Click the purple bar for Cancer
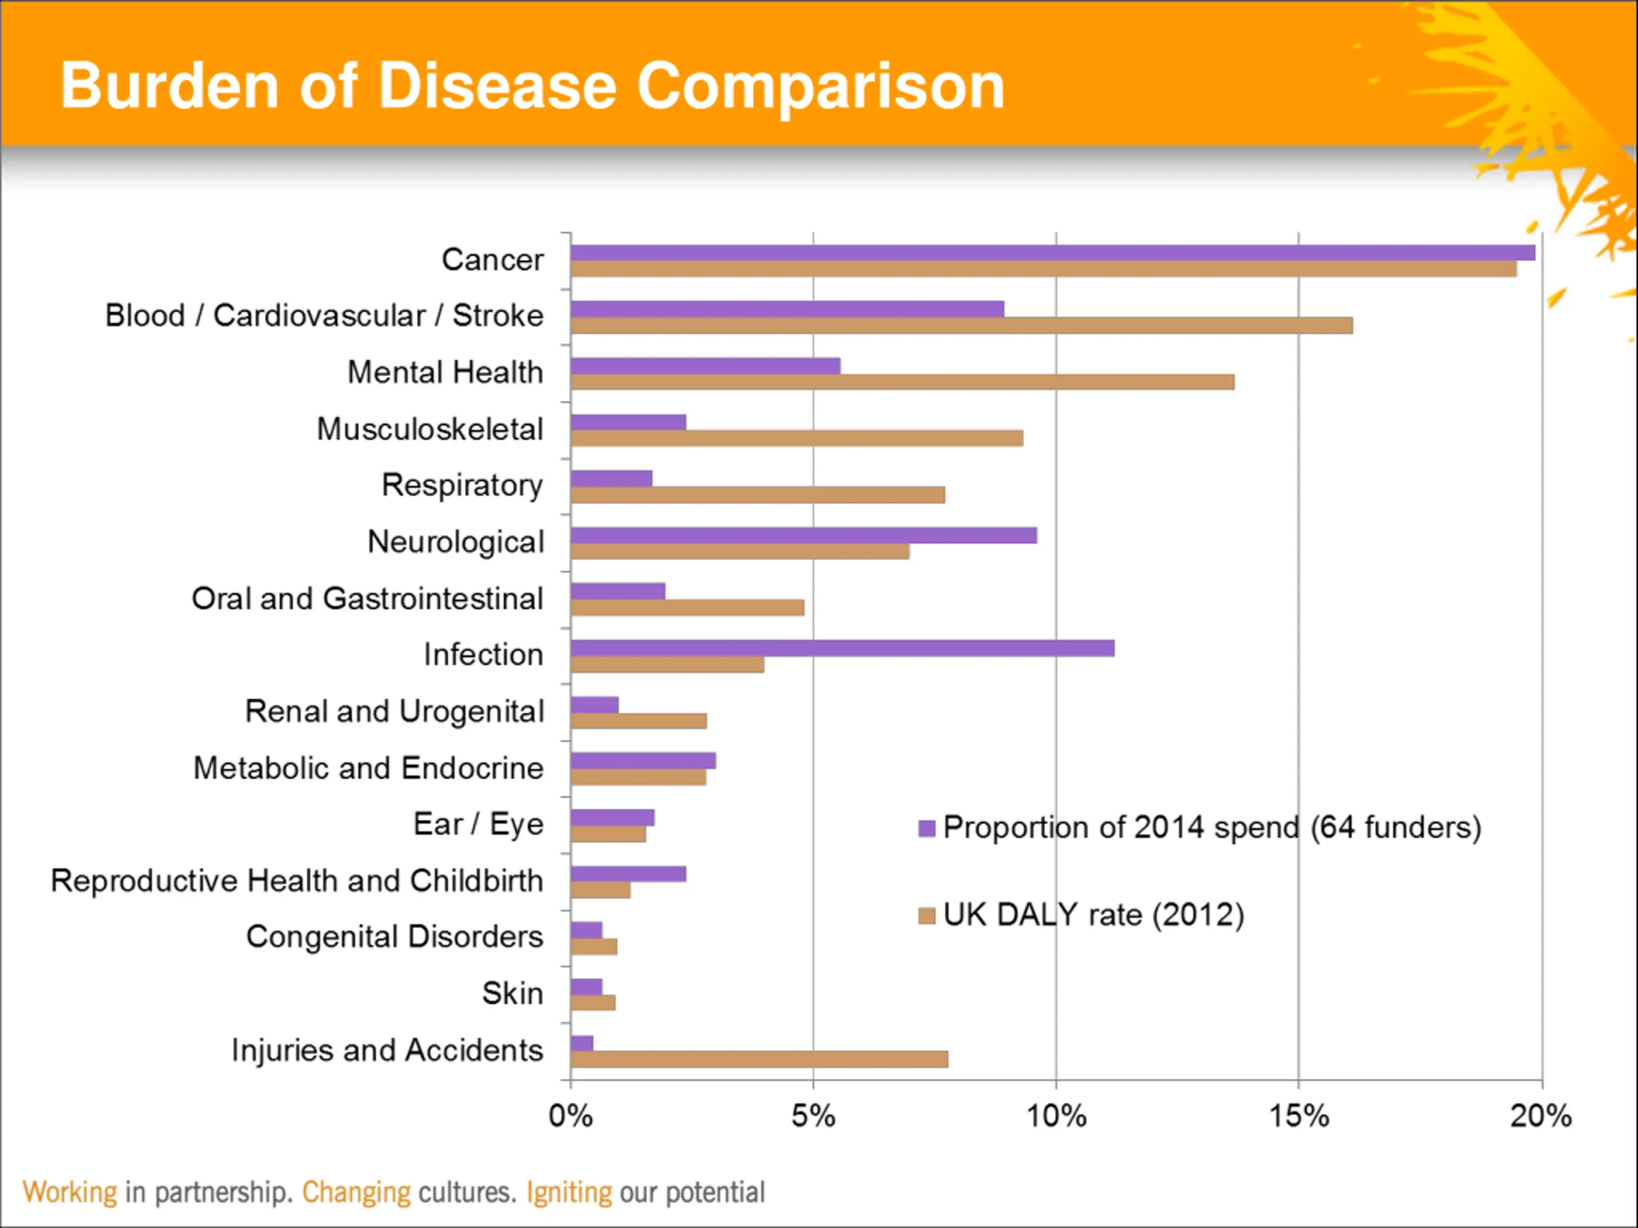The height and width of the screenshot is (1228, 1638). point(1051,253)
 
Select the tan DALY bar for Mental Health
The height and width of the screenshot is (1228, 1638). point(902,382)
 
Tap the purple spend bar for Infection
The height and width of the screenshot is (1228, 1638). point(842,649)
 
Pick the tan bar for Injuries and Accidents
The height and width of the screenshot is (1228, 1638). point(759,1059)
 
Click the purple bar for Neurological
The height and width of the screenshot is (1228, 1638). point(804,535)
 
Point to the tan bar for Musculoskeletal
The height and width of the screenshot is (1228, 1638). point(797,438)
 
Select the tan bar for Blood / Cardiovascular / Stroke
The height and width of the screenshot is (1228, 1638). point(961,326)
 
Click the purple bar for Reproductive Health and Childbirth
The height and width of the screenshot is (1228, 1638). point(628,874)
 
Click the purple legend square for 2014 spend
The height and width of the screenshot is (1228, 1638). point(926,828)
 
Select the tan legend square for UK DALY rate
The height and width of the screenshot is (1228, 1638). point(926,917)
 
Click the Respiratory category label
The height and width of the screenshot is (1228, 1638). point(462,485)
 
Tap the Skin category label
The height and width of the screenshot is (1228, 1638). point(513,993)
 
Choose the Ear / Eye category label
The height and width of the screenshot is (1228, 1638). point(479,824)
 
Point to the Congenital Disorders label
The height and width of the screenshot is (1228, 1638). point(395,937)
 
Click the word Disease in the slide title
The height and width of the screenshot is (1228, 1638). point(497,86)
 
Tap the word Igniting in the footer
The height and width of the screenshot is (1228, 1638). point(569,1192)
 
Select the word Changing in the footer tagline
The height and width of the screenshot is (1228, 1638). point(356,1192)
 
